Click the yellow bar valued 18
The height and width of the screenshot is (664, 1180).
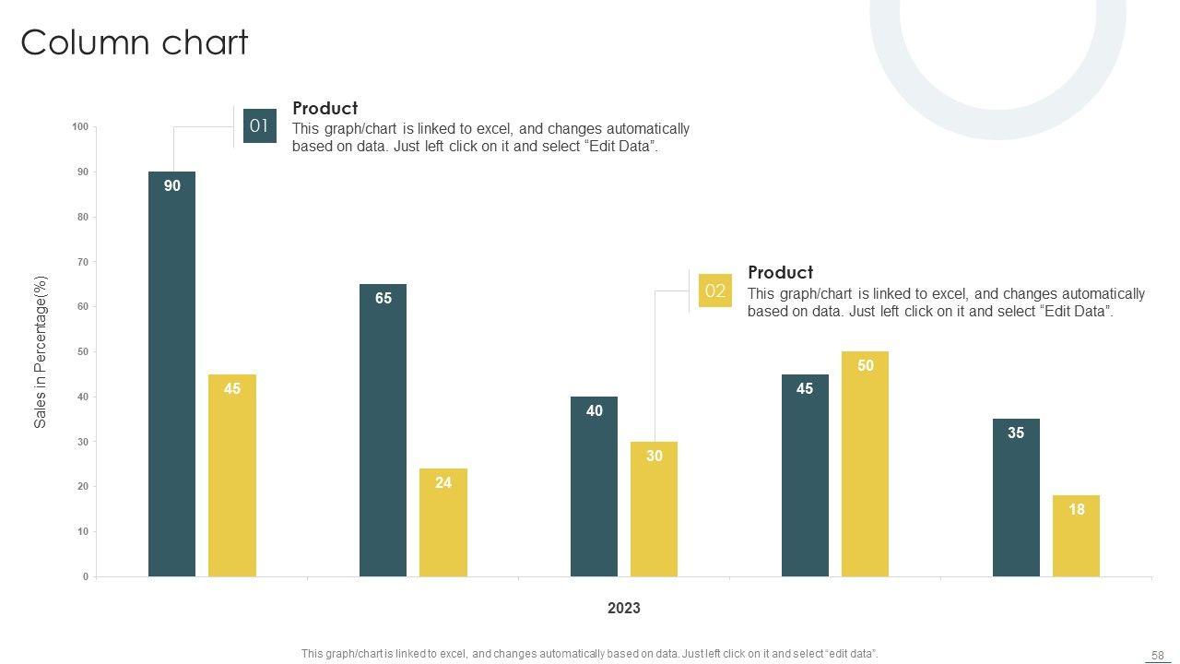[1076, 536]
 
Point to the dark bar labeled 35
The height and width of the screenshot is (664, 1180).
[1016, 497]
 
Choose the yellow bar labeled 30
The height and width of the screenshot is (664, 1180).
[654, 509]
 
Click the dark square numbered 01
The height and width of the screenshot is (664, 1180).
[259, 126]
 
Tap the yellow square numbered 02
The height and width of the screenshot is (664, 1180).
[714, 290]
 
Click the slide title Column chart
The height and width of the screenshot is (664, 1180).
[135, 42]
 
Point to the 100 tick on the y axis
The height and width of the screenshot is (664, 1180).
[80, 127]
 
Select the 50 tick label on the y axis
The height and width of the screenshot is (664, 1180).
[83, 352]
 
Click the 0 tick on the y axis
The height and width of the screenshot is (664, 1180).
[86, 577]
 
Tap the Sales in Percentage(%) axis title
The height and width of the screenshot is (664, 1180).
[41, 351]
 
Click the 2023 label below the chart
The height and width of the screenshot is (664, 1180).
[624, 609]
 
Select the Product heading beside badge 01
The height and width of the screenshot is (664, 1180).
[324, 108]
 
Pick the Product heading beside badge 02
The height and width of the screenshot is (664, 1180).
[780, 272]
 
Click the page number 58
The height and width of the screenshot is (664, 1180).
[1157, 655]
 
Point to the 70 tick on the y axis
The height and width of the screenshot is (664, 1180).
[83, 263]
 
